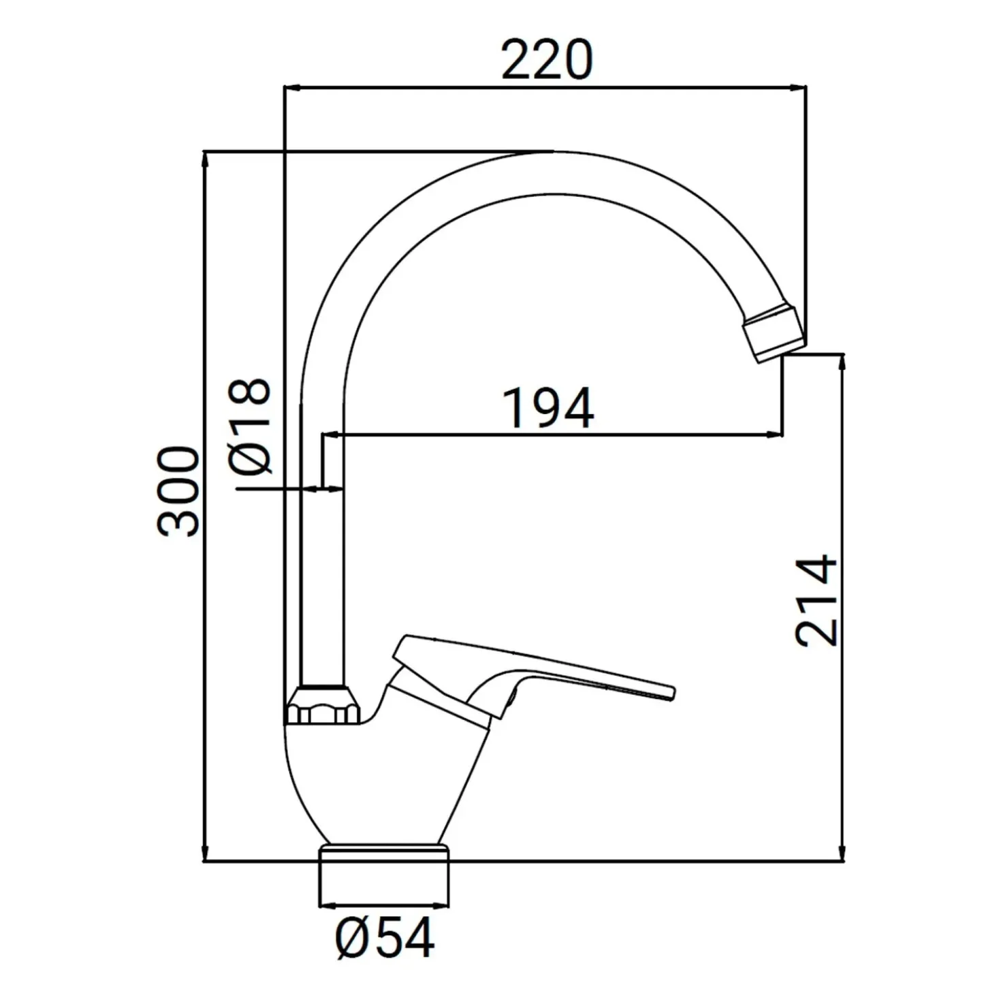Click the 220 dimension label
pyautogui.click(x=547, y=60)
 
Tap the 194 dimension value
pyautogui.click(x=549, y=409)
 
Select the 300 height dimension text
pyautogui.click(x=178, y=491)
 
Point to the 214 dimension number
pyautogui.click(x=816, y=601)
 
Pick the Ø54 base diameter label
pyautogui.click(x=385, y=937)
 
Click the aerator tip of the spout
pyautogui.click(x=774, y=333)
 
